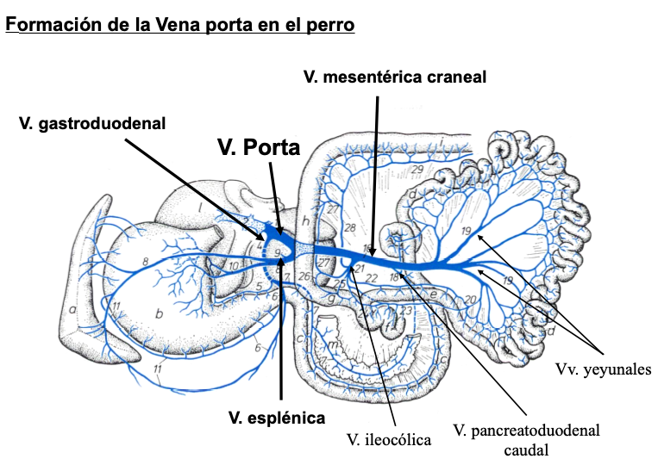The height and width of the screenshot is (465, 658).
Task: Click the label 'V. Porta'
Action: point(258,147)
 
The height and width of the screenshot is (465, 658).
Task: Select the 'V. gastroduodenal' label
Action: point(92,123)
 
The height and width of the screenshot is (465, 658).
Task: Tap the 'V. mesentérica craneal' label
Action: point(395,77)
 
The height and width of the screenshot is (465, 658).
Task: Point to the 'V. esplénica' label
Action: point(277,418)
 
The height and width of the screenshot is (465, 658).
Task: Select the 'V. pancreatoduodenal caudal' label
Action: point(526,438)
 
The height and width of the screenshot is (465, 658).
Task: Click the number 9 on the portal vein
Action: point(278,252)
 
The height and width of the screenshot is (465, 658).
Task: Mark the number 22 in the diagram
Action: point(371,277)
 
